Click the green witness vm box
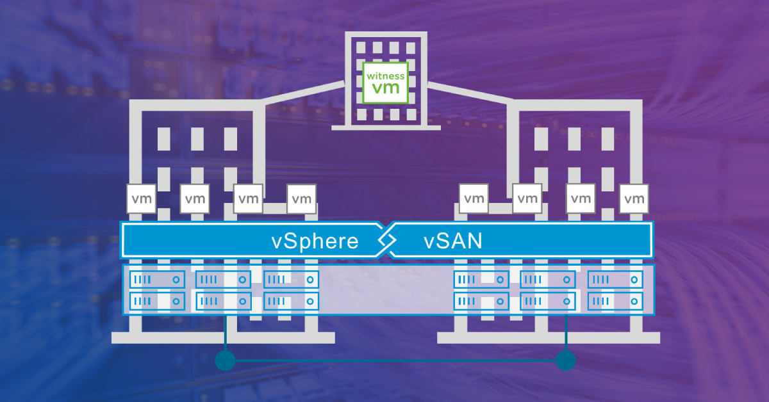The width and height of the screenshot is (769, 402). pyautogui.click(x=385, y=83)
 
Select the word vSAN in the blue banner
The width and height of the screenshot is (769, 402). pyautogui.click(x=452, y=242)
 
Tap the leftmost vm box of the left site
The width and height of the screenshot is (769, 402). pyautogui.click(x=142, y=199)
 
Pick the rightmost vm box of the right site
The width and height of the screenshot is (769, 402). pyautogui.click(x=634, y=199)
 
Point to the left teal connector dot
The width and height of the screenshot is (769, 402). pyautogui.click(x=225, y=360)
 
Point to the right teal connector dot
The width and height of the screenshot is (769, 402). pyautogui.click(x=566, y=360)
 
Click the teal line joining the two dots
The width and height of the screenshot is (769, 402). pyautogui.click(x=395, y=361)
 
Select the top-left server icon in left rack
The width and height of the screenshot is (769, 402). pyautogui.click(x=157, y=280)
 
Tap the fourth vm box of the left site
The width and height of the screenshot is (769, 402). pyautogui.click(x=301, y=199)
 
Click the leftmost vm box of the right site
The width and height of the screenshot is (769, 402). pyautogui.click(x=474, y=199)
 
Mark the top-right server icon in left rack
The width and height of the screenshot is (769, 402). pyautogui.click(x=291, y=280)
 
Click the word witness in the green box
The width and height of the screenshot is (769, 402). pyautogui.click(x=385, y=76)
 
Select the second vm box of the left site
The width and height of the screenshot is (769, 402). pyautogui.click(x=195, y=199)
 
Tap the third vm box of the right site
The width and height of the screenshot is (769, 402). pyautogui.click(x=581, y=199)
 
